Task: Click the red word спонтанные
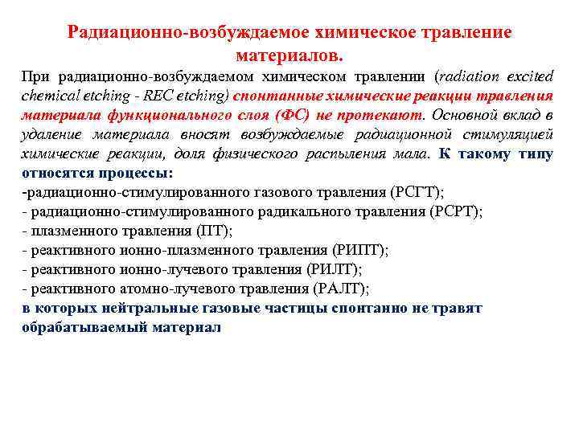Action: point(276,96)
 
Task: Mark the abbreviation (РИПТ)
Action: point(359,251)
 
